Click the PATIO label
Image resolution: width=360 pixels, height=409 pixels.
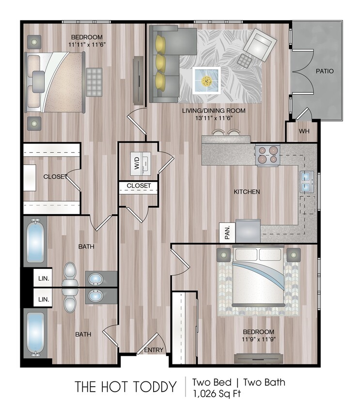click(x=325, y=71)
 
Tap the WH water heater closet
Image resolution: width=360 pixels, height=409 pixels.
click(x=304, y=131)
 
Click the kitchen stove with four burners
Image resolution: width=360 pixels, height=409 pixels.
click(x=267, y=155)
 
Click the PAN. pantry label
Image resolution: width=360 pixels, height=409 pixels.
click(x=227, y=232)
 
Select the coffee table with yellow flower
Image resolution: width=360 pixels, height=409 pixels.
click(x=207, y=80)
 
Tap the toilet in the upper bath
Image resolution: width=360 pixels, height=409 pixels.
click(x=71, y=275)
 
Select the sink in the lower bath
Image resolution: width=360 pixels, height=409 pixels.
click(x=95, y=295)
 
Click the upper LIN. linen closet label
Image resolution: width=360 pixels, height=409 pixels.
click(x=44, y=279)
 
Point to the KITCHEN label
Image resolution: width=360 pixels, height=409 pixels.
click(x=247, y=192)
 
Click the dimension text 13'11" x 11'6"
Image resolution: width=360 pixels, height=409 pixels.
click(x=214, y=118)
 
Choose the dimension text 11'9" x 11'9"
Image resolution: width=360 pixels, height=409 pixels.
click(x=259, y=339)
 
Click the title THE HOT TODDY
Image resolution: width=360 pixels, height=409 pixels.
click(x=125, y=387)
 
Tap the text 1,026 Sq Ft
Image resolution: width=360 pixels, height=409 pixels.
click(x=216, y=393)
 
